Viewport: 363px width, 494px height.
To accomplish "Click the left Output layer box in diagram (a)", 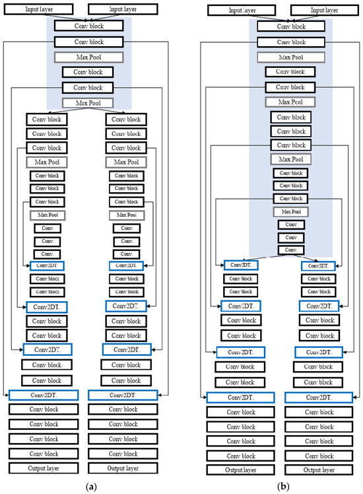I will pos(44,468).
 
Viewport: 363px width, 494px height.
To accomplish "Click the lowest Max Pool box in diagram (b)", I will pos(290,211).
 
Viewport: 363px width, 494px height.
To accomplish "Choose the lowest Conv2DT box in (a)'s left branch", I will pos(44,394).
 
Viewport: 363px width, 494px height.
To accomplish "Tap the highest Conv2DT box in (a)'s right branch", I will pos(125,265).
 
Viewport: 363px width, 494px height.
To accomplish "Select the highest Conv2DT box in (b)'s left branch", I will pos(241,265).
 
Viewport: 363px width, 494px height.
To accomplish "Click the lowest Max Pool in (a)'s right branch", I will pos(125,215).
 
